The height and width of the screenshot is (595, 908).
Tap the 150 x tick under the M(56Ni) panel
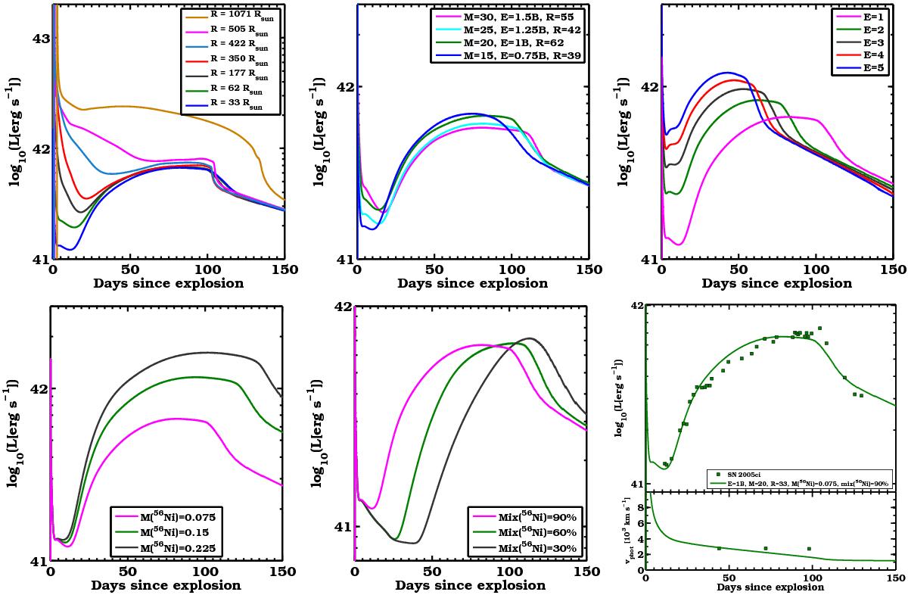click(281, 573)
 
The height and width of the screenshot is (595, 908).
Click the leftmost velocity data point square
click(718, 548)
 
